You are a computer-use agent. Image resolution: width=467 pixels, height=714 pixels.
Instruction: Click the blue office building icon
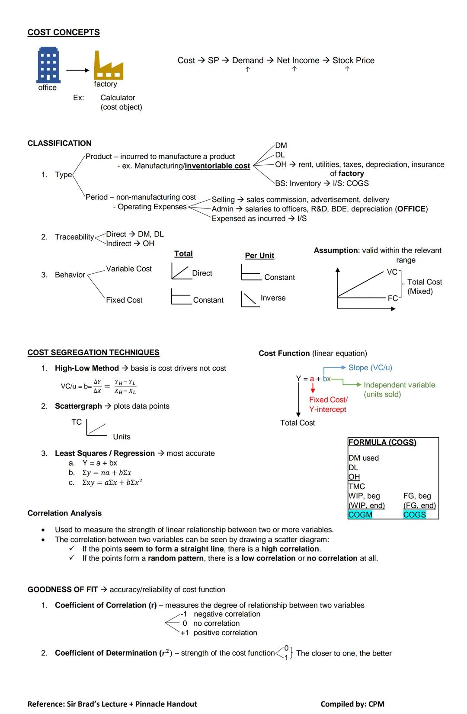pos(48,65)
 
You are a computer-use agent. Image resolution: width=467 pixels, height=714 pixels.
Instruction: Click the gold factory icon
pos(108,66)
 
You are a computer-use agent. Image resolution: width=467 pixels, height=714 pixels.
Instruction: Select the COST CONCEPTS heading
pos(64,32)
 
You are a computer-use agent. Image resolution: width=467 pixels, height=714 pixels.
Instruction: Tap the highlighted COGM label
pos(360,515)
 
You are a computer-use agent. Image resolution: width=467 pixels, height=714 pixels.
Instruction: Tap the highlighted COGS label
pos(414,515)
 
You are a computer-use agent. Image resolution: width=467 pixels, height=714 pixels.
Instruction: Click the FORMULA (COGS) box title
pos(382,442)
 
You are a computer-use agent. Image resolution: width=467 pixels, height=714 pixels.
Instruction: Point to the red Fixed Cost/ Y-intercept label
pos(328,404)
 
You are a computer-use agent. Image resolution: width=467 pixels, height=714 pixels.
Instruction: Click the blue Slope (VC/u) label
pos(370,368)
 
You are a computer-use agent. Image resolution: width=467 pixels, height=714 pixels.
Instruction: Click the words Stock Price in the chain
pos(353,61)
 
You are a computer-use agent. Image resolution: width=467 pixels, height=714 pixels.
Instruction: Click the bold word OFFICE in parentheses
pos(411,209)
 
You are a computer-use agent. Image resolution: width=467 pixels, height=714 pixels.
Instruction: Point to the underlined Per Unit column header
pos(259,256)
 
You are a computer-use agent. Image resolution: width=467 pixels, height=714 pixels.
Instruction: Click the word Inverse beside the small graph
pos(273,298)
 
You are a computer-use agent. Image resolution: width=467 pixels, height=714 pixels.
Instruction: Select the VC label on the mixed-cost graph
pos(392,272)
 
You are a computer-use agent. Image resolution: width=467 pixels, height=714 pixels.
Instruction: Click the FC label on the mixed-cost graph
pos(393,298)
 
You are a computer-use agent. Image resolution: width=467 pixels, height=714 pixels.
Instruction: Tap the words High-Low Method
pos(86,368)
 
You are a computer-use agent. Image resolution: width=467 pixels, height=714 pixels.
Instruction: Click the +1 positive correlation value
pos(185,633)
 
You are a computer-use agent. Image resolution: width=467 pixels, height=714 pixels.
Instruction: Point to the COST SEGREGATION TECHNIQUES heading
pos(93,352)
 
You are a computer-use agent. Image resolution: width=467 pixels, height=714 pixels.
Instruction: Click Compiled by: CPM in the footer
pos(352,704)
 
